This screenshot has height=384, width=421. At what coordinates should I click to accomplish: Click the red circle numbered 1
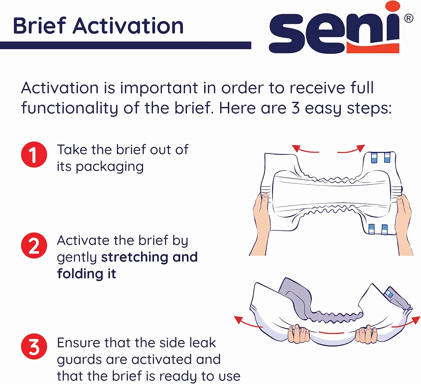(x=34, y=154)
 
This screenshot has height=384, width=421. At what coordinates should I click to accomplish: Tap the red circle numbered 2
(x=34, y=246)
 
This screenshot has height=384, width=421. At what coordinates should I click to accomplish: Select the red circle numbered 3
(x=34, y=346)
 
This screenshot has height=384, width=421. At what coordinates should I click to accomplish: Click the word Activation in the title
(x=128, y=26)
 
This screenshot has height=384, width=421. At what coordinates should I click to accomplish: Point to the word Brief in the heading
(x=39, y=26)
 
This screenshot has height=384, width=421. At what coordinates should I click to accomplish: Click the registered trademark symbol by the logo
(x=408, y=19)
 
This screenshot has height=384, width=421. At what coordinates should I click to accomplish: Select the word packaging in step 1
(x=110, y=167)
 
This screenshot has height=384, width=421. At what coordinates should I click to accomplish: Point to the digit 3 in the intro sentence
(x=295, y=108)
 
